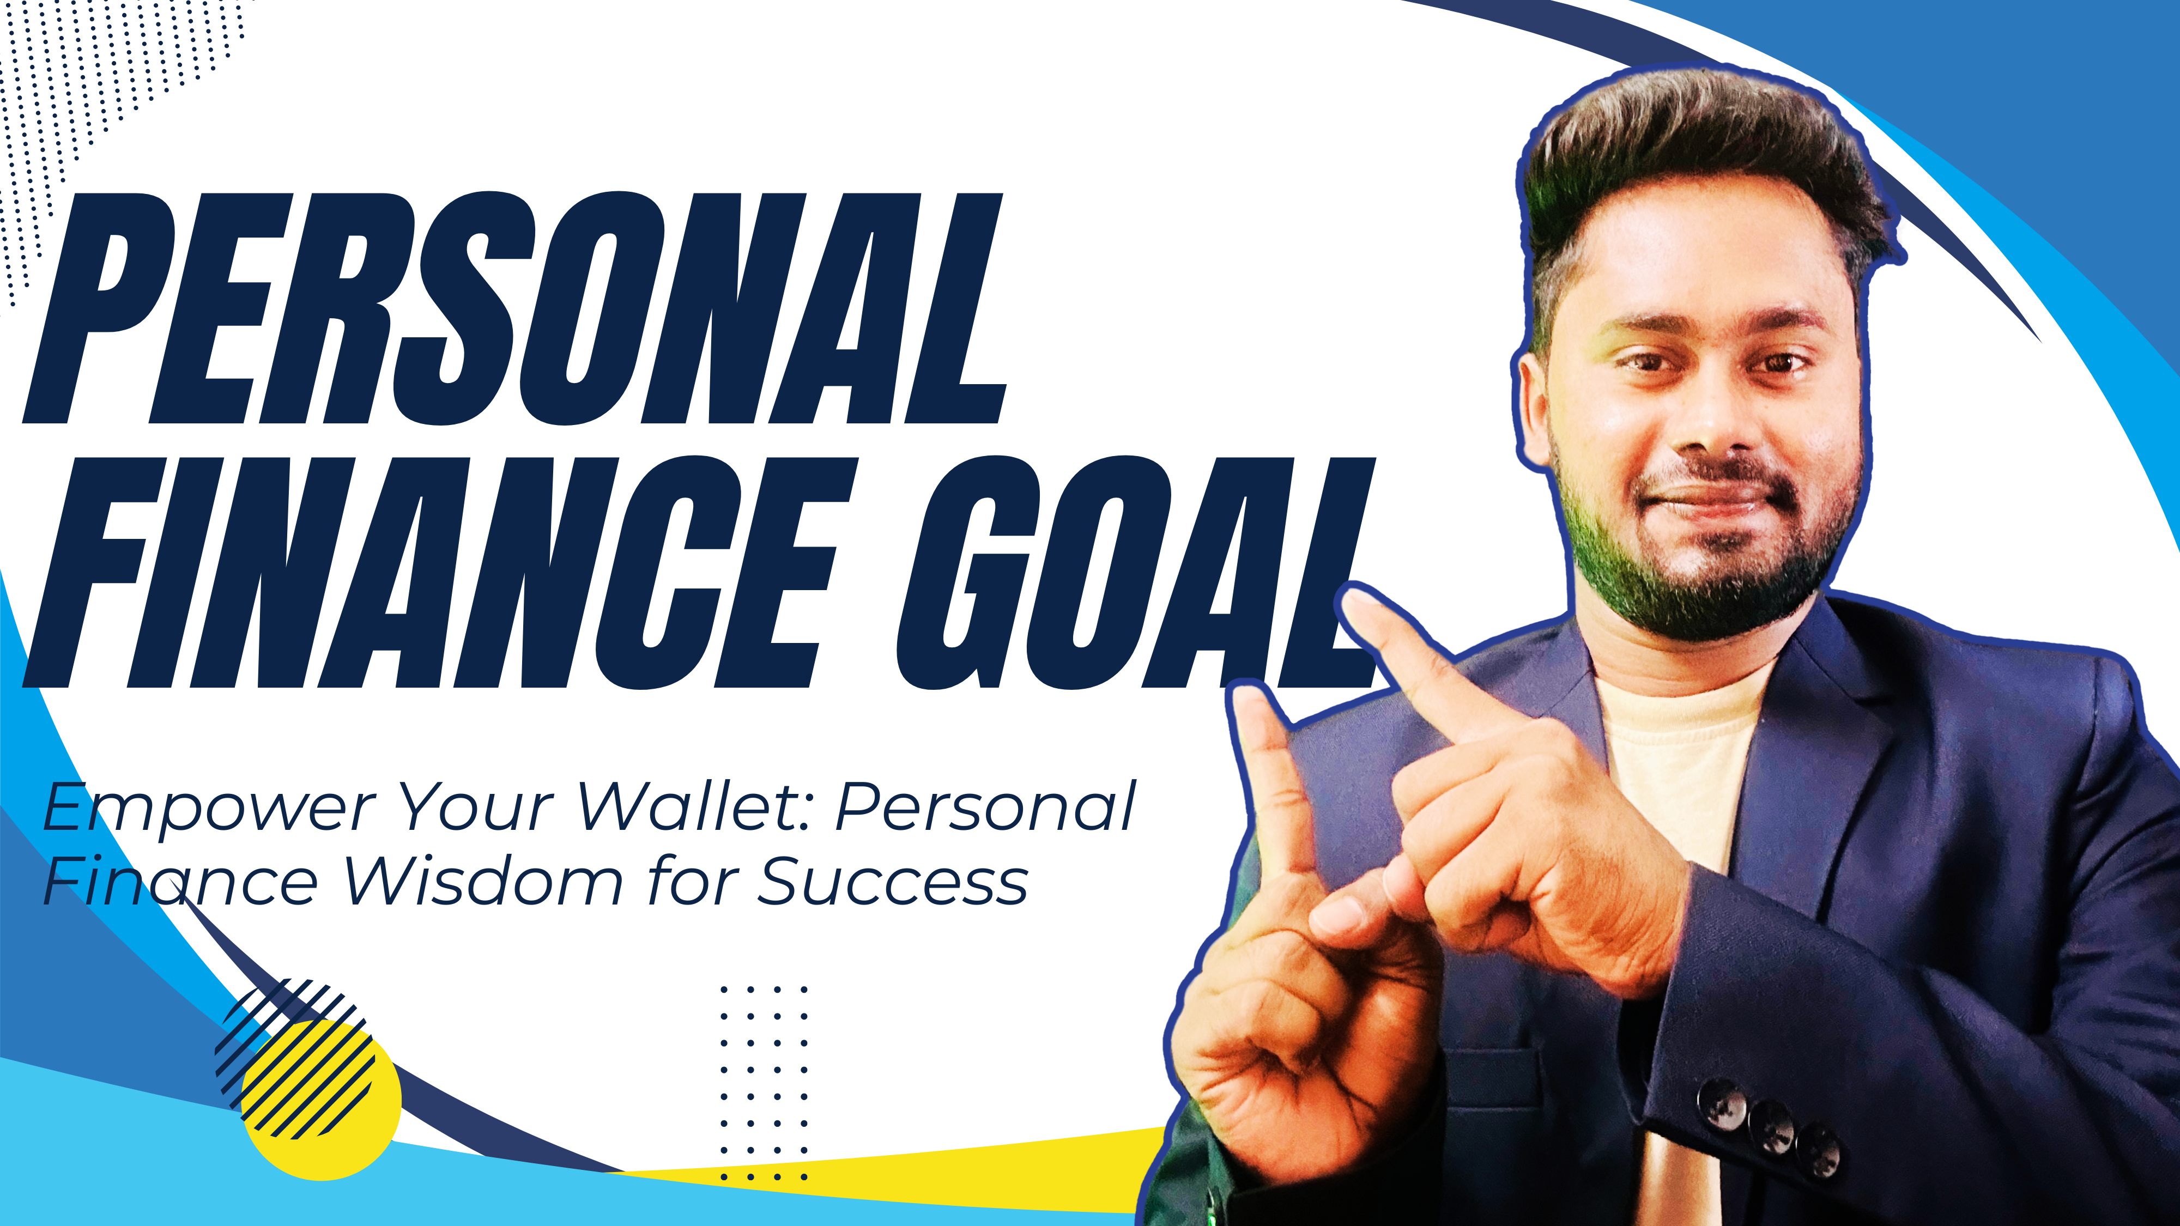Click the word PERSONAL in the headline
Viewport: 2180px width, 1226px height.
point(514,309)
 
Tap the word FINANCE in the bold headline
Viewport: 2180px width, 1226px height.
point(440,573)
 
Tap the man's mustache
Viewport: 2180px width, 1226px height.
point(1718,477)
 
